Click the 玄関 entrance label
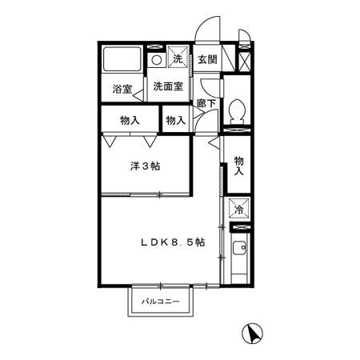207,60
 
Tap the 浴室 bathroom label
122,89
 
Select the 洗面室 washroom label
168,86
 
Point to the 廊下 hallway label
206,103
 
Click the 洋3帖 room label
146,166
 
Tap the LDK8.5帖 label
173,242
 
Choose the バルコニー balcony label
161,302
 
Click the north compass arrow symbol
252,333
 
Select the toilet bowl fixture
237,110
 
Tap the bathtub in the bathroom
122,59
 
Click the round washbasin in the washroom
157,60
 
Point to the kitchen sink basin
239,248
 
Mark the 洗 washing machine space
178,57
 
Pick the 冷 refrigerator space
239,210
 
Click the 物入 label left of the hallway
176,120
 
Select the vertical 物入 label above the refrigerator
238,166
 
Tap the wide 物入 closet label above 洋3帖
130,120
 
